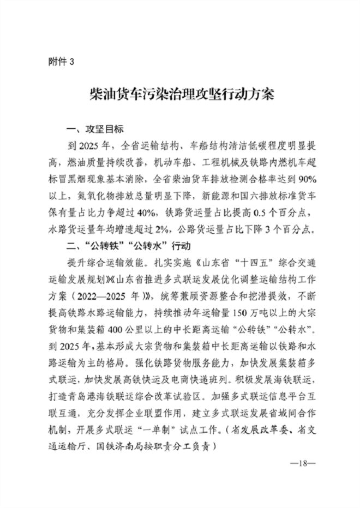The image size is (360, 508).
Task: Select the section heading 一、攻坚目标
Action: click(x=95, y=130)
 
